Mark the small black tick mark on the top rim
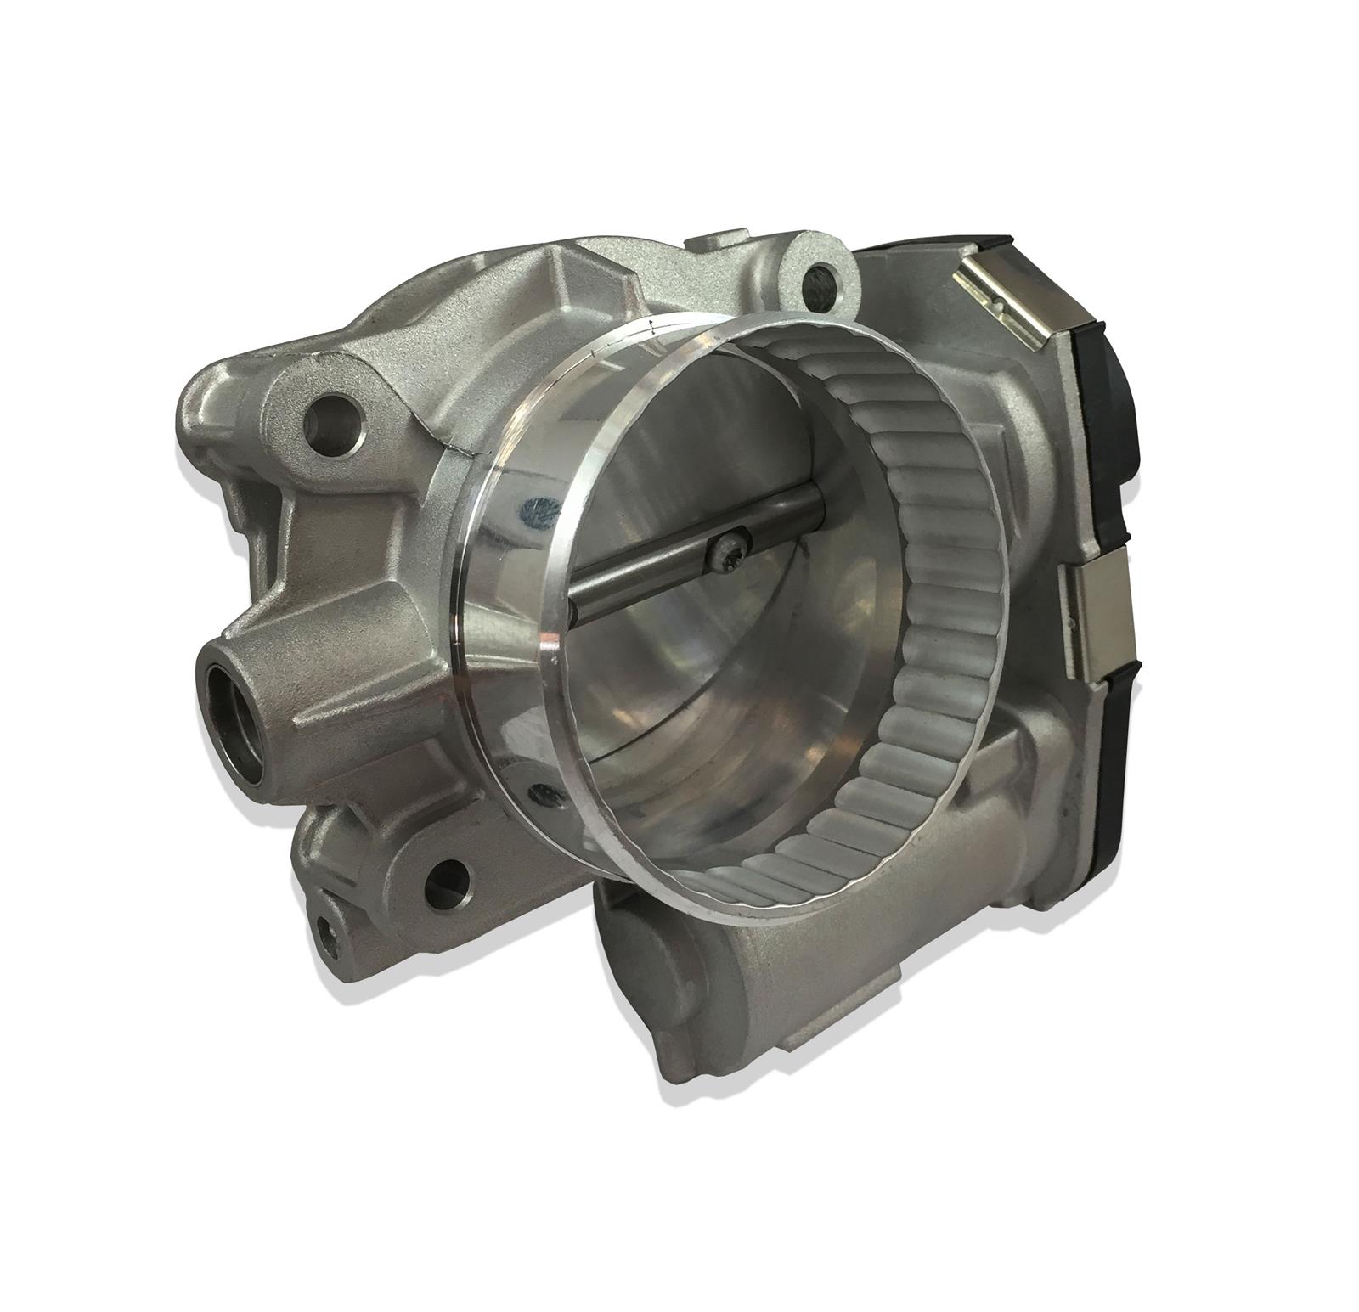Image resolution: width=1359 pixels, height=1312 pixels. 651,330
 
